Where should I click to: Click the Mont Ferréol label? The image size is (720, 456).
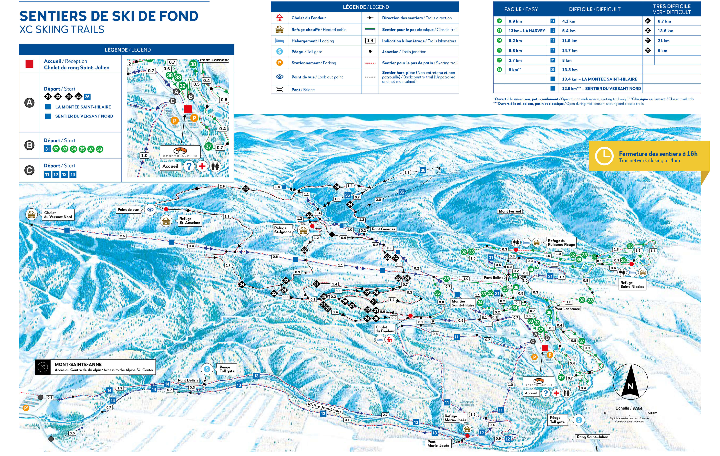(510, 211)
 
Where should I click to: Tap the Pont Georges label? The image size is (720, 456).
(383, 229)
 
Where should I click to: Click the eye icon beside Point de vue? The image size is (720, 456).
(150, 210)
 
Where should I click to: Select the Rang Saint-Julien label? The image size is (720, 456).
(592, 437)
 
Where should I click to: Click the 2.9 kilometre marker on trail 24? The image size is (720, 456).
(222, 186)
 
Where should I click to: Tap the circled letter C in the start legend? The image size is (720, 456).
(29, 170)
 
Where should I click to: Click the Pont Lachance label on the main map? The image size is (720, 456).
(567, 309)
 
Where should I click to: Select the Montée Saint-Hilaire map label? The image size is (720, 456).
(463, 303)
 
